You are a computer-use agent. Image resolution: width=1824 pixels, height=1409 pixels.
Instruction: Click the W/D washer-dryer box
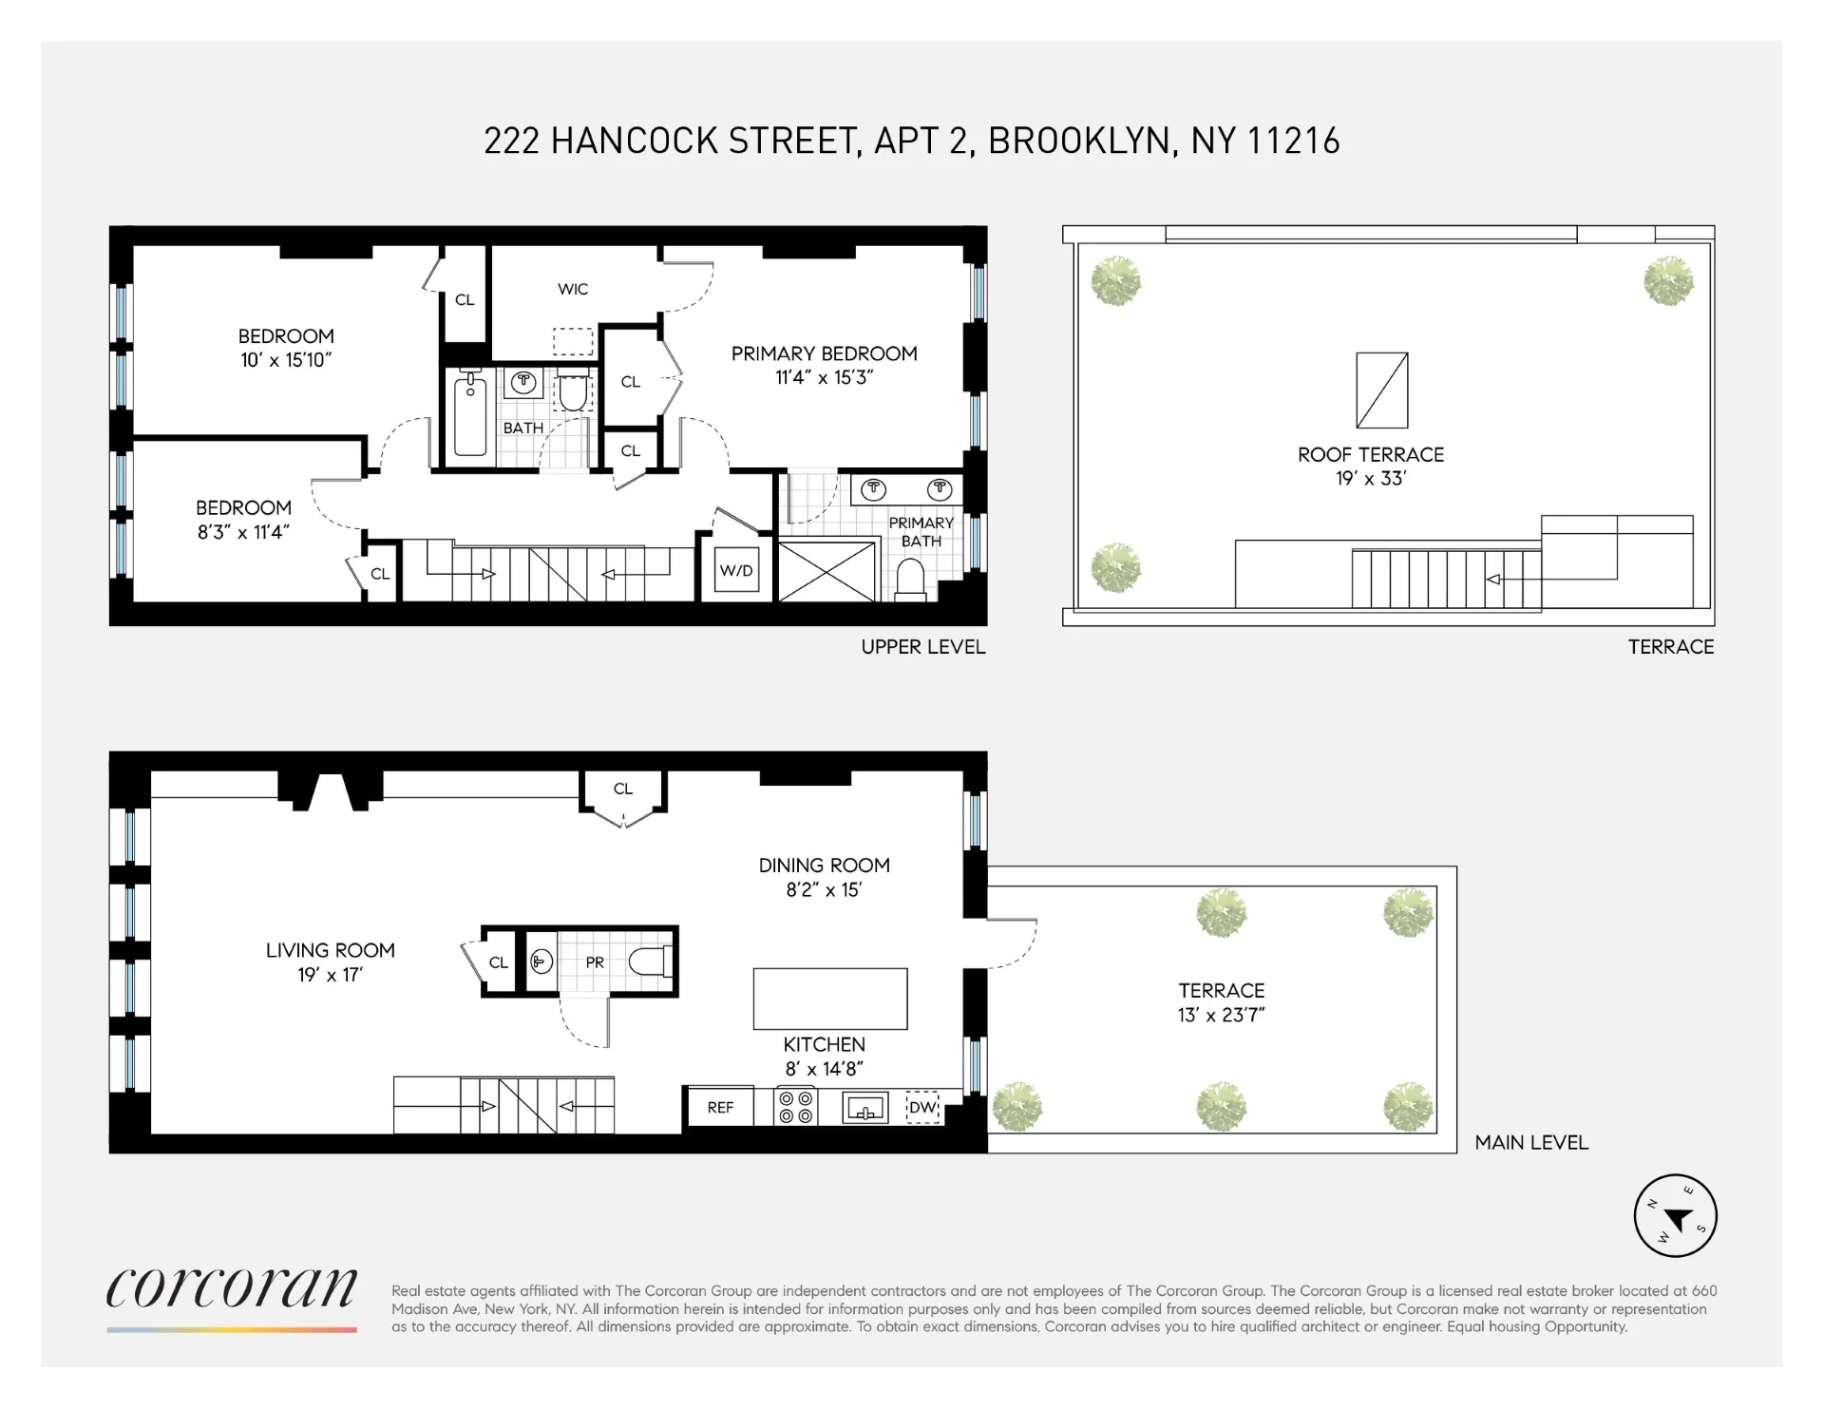click(x=736, y=571)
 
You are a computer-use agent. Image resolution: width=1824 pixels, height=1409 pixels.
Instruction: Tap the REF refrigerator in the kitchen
click(x=720, y=1107)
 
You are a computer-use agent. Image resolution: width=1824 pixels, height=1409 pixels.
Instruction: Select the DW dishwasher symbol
click(x=922, y=1107)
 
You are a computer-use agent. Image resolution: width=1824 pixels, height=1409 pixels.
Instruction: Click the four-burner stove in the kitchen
click(x=797, y=1107)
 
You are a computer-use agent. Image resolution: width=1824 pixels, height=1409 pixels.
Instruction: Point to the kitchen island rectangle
click(x=830, y=999)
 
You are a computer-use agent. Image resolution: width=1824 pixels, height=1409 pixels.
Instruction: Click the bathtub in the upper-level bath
click(x=470, y=415)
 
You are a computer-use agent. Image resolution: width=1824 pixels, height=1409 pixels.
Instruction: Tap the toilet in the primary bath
click(x=911, y=580)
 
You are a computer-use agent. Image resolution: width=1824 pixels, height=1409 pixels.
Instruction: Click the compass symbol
click(x=1675, y=1215)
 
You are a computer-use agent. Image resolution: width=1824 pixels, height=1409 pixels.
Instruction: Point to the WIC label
click(x=573, y=289)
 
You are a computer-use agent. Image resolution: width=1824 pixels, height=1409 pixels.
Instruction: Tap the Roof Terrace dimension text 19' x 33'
click(x=1371, y=479)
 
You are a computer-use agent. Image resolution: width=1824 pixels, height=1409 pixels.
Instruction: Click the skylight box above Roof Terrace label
click(x=1382, y=390)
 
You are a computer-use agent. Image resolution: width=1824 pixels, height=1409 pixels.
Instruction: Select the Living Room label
click(x=330, y=950)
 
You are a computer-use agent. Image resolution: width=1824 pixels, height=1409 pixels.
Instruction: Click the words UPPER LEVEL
click(x=923, y=647)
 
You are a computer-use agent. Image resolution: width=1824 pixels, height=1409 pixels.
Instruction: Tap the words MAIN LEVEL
click(x=1531, y=1143)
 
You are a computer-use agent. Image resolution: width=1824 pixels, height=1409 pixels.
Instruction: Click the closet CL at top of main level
click(x=623, y=790)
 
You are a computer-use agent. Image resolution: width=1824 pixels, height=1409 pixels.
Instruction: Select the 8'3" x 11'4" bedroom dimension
click(x=243, y=533)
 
